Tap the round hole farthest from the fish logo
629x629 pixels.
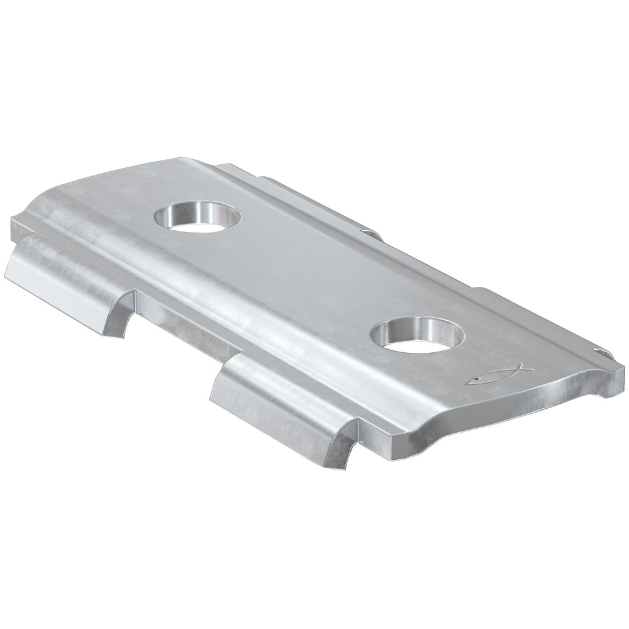198,218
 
